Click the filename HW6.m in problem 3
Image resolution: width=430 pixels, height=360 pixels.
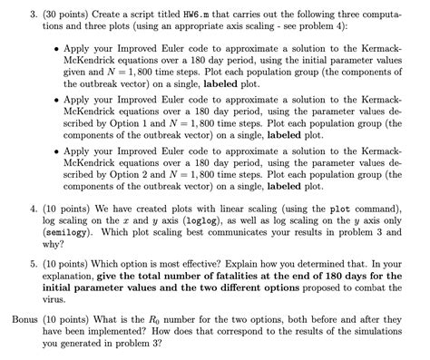coord(215,10)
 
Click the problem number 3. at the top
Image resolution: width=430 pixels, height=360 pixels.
coord(32,10)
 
